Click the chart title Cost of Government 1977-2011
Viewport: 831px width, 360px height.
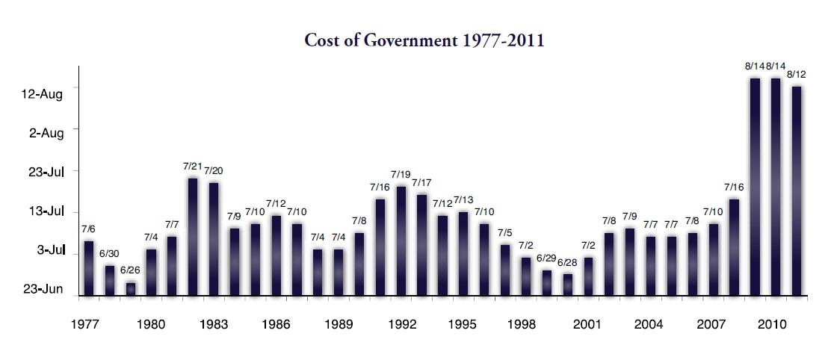click(x=424, y=40)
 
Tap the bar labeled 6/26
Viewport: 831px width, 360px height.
click(x=131, y=288)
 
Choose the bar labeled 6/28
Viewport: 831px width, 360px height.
click(x=568, y=285)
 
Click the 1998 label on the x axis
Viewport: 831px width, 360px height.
click(x=522, y=325)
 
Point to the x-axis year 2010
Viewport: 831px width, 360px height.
click(x=770, y=325)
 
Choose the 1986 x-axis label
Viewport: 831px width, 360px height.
click(x=277, y=325)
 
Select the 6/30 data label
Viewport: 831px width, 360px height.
click(x=109, y=255)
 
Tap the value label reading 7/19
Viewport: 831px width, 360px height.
click(x=401, y=174)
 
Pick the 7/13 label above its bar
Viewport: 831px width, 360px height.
click(x=463, y=200)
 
